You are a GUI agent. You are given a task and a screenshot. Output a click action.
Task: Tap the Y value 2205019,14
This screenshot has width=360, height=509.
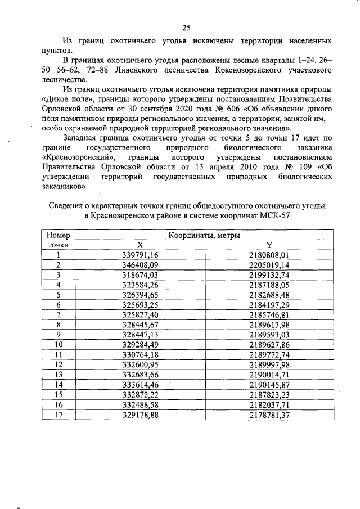pos(269,264)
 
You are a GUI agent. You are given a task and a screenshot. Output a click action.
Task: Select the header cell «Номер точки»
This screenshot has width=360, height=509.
pos(58,240)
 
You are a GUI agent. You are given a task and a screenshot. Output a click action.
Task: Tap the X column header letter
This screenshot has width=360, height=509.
pos(140,245)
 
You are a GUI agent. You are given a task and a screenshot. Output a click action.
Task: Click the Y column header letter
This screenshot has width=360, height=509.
pos(269,245)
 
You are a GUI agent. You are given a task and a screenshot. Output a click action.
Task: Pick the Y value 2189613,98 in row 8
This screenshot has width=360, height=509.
pos(269,325)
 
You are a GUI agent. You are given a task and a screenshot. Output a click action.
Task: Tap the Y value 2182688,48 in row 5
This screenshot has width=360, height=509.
pos(269,295)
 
